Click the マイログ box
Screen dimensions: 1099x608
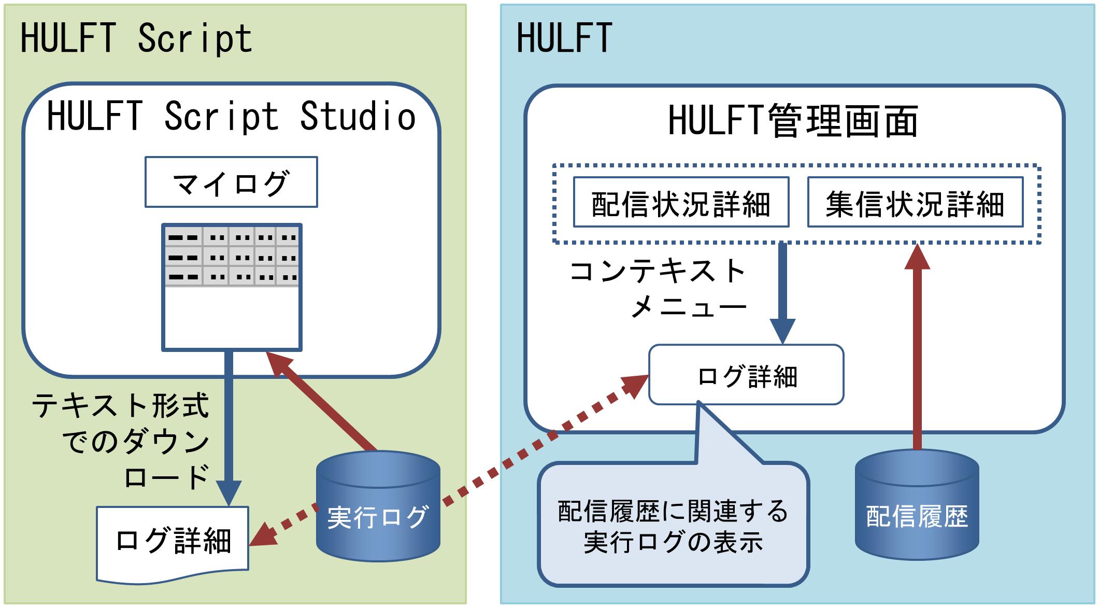(231, 182)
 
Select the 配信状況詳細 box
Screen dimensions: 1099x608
(681, 202)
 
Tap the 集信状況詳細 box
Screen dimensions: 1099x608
(915, 202)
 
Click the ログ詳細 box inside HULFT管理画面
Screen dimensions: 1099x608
(746, 375)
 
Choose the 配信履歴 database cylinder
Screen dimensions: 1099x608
(917, 505)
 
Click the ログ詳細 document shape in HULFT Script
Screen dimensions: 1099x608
(173, 543)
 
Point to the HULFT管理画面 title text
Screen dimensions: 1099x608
(793, 121)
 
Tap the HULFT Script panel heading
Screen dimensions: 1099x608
(136, 39)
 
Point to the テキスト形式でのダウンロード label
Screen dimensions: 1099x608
(120, 441)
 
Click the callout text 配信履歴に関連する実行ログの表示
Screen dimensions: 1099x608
(673, 527)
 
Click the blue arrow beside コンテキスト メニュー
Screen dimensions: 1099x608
(782, 293)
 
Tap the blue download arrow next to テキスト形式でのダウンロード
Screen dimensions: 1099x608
(229, 429)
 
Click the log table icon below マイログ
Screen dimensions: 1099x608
(232, 287)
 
